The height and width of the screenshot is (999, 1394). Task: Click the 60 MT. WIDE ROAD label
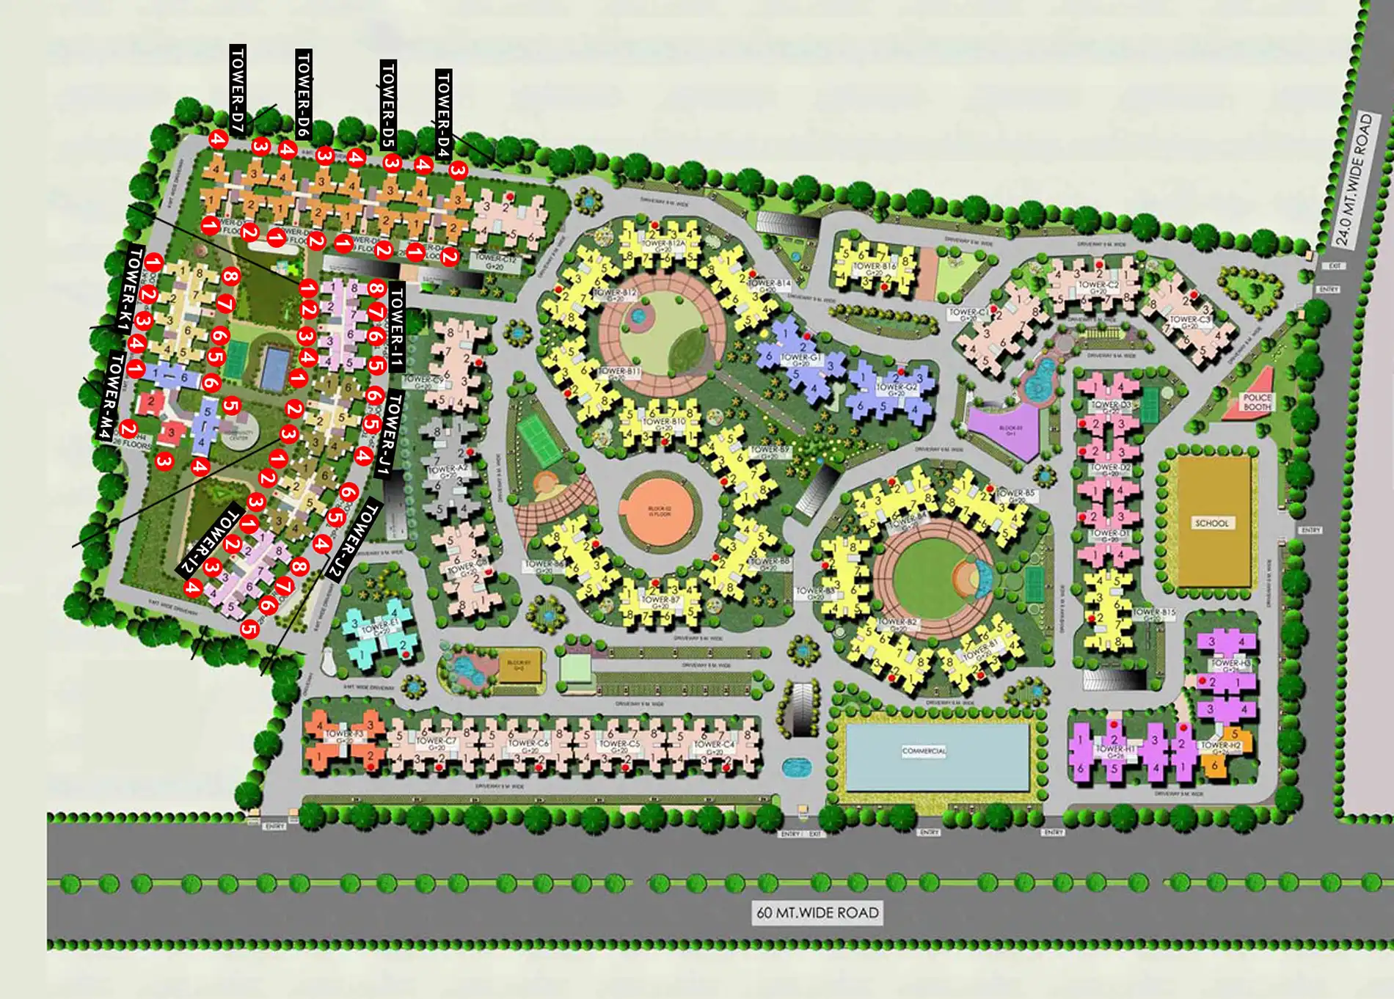(817, 913)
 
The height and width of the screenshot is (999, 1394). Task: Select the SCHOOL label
(1211, 523)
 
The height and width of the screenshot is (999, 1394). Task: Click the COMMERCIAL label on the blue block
(924, 751)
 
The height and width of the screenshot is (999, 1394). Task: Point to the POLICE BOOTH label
(1257, 402)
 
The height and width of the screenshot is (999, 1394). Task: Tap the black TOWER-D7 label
(237, 89)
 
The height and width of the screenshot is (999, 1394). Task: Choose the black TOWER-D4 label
(443, 114)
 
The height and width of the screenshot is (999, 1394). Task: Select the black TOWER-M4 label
(106, 397)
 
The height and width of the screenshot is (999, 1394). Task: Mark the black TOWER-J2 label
(352, 539)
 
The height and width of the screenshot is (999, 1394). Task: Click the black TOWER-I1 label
(396, 326)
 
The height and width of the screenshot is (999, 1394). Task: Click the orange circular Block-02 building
(660, 510)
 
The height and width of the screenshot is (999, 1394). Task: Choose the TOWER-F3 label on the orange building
(344, 735)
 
